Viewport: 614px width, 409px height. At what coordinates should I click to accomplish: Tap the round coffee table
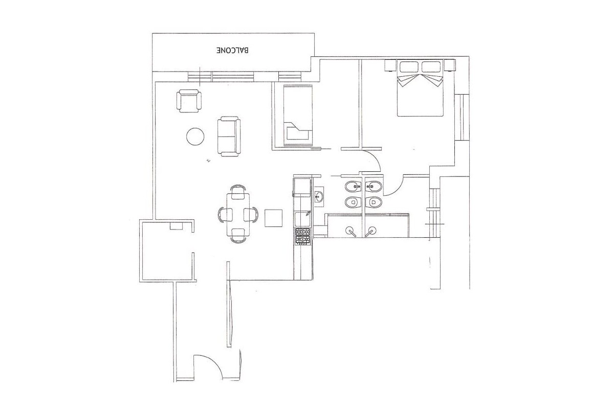click(195, 137)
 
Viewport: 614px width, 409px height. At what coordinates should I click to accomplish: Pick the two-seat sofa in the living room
click(228, 136)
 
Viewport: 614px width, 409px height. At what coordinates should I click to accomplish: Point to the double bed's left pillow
click(408, 66)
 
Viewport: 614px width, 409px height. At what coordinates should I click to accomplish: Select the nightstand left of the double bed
click(390, 65)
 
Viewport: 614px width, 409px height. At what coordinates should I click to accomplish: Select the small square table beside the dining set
click(274, 218)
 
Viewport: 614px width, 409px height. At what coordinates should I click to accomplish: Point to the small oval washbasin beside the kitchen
click(319, 196)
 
